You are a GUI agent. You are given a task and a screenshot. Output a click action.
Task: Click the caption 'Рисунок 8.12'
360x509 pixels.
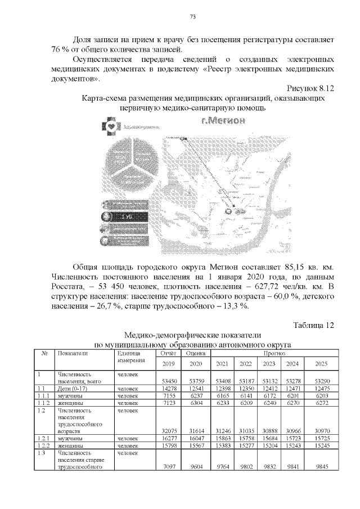310,88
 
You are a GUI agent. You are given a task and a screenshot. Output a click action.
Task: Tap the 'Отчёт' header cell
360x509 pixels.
168,353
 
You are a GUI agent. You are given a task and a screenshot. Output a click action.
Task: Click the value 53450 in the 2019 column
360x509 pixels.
168,381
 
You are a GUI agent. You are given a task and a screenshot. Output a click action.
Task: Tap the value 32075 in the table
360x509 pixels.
168,430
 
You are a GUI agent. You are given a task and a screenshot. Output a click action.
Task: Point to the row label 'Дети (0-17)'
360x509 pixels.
71,388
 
